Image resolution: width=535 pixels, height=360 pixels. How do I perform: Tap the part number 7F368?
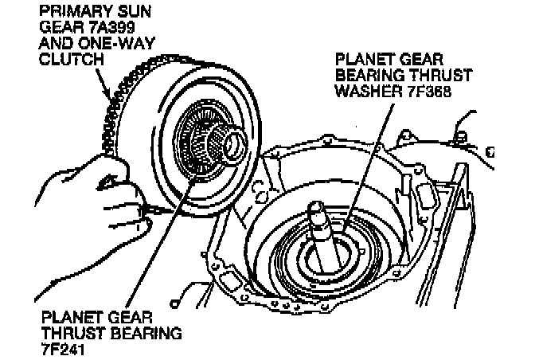(430, 91)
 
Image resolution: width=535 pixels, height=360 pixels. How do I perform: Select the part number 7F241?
(62, 350)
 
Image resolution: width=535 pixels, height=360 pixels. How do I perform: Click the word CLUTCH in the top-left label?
(72, 59)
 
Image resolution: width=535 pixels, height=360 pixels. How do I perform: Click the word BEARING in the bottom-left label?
(146, 334)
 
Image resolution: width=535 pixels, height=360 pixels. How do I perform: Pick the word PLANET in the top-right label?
(365, 60)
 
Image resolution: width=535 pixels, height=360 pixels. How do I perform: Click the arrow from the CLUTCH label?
(103, 84)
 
